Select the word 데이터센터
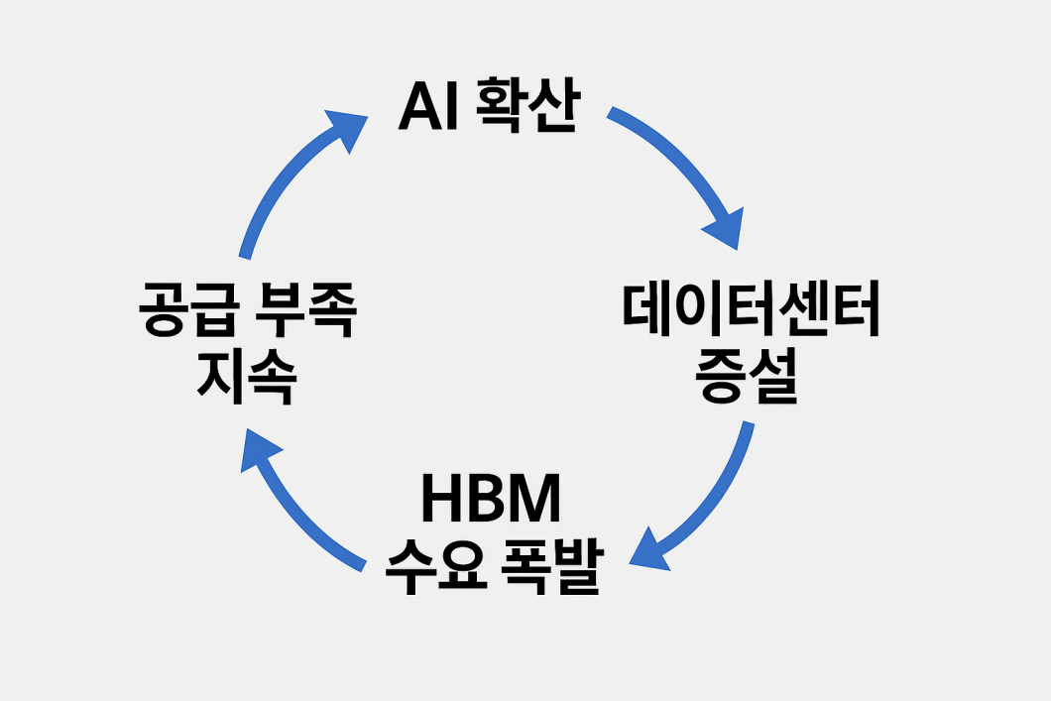click(751, 309)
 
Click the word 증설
click(751, 377)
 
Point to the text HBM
click(491, 502)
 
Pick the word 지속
click(246, 378)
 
